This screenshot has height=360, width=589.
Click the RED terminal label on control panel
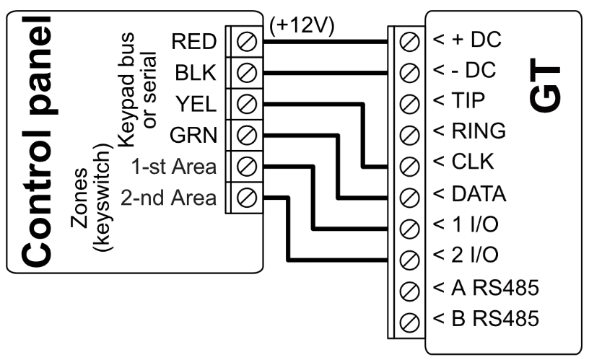click(x=193, y=43)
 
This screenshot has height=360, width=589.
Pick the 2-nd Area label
click(x=170, y=196)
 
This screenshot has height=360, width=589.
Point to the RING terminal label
click(x=470, y=133)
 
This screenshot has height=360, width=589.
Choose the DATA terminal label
click(x=471, y=194)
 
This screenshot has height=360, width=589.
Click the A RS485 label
click(x=487, y=287)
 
